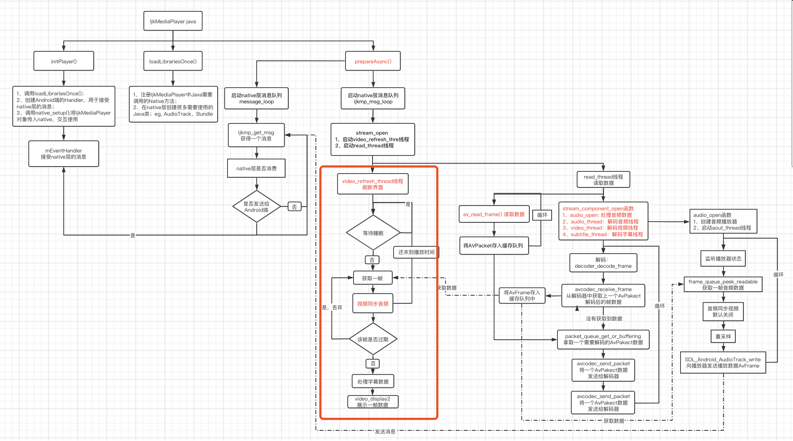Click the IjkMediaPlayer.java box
click(x=173, y=21)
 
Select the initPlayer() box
click(x=64, y=61)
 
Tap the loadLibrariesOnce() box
click(x=173, y=61)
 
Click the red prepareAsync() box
click(x=373, y=61)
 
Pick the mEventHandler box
click(x=64, y=154)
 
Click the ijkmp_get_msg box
click(x=256, y=135)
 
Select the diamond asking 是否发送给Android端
click(x=256, y=207)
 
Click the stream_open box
click(x=372, y=139)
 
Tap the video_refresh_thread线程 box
click(x=372, y=184)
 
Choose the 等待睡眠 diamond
click(x=373, y=233)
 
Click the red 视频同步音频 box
click(x=373, y=303)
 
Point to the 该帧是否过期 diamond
click(x=373, y=339)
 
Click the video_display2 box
click(x=373, y=402)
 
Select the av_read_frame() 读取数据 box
click(x=494, y=214)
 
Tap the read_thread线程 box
click(x=603, y=180)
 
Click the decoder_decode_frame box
click(x=603, y=263)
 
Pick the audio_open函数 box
click(x=723, y=221)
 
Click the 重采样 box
click(x=723, y=336)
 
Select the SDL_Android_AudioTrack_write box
click(x=723, y=362)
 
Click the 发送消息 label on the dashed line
click(x=385, y=432)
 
